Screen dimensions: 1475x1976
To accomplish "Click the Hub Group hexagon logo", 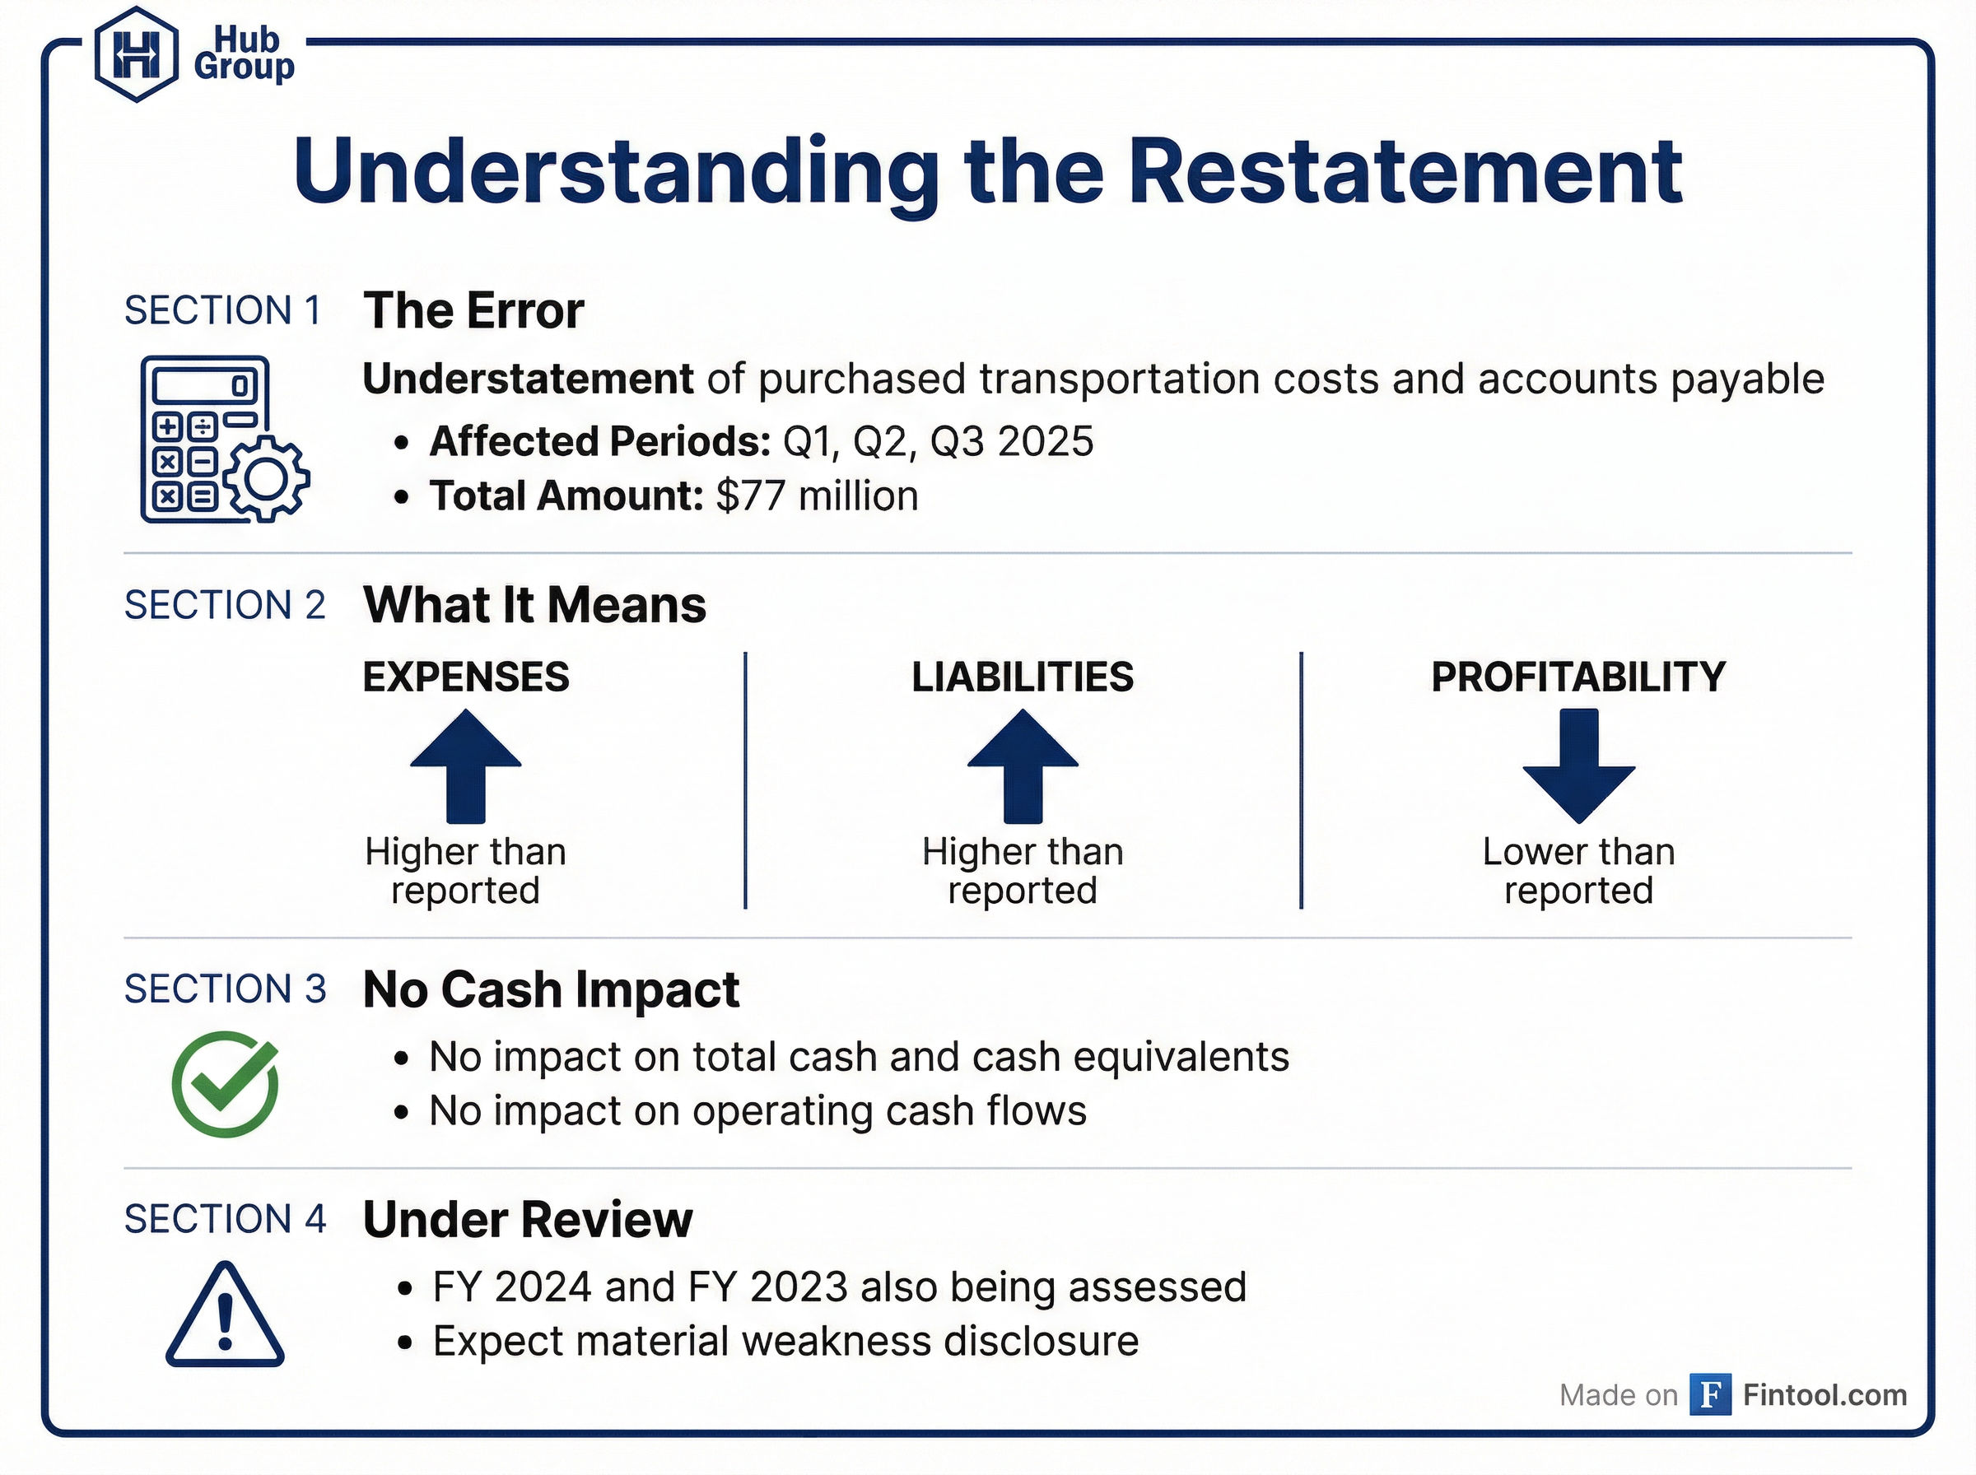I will [136, 54].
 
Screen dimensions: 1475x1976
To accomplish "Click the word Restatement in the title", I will [1405, 171].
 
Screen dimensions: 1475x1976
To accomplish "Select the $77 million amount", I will [816, 496].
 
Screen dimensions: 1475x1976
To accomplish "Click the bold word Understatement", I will [528, 379].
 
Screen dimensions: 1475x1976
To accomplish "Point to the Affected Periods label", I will [599, 441].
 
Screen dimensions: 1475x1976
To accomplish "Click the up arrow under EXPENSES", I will [465, 766].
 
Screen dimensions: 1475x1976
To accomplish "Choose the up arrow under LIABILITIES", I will [1023, 766].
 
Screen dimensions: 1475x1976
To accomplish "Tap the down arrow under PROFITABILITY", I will [1578, 766].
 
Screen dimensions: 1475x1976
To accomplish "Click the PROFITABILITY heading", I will [1578, 677].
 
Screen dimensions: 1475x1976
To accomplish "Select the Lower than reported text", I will [1578, 871].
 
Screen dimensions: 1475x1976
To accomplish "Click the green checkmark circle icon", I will [225, 1084].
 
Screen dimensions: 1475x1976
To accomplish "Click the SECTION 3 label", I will [225, 989].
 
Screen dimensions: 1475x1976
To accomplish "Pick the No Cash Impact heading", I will [551, 989].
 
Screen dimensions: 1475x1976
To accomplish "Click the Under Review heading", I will [527, 1220].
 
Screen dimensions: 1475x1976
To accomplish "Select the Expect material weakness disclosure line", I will [785, 1341].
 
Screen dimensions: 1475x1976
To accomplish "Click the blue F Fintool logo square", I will [1710, 1394].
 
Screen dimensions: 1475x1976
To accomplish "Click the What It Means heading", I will [534, 605].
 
